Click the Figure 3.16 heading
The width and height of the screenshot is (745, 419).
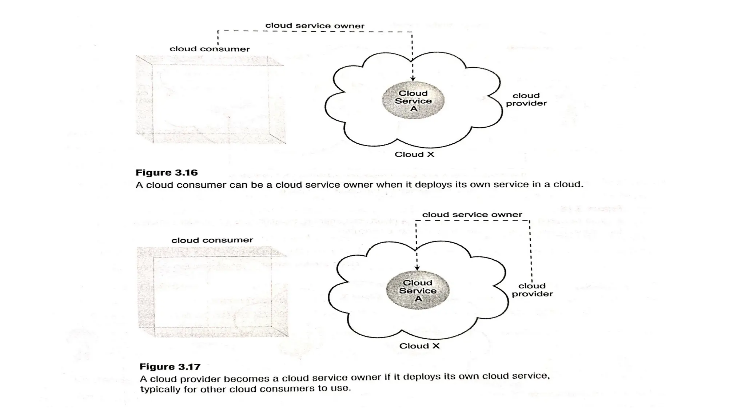(x=166, y=172)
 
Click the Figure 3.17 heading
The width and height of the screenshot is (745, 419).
(x=170, y=367)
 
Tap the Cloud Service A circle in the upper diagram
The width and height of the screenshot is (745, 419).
(x=413, y=101)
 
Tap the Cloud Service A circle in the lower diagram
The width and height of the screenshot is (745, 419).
(x=418, y=291)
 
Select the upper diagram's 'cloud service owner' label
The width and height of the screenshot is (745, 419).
(x=315, y=26)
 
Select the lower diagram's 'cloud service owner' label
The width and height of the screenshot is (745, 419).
(x=472, y=215)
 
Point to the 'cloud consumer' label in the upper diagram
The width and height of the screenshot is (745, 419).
(x=210, y=49)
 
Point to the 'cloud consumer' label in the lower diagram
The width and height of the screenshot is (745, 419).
(x=212, y=240)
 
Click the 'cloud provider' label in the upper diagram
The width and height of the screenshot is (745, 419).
(x=526, y=99)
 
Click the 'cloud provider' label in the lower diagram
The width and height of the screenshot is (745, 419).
(x=532, y=290)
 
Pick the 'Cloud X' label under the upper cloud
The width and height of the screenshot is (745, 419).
(x=414, y=155)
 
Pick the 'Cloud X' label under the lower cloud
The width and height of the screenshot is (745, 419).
(x=419, y=346)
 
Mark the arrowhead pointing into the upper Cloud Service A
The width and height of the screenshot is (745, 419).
(x=413, y=79)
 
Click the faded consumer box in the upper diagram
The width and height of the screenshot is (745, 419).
(x=211, y=100)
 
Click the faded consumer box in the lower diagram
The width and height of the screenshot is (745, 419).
(x=212, y=292)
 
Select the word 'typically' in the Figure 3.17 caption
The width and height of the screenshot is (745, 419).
(x=157, y=389)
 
